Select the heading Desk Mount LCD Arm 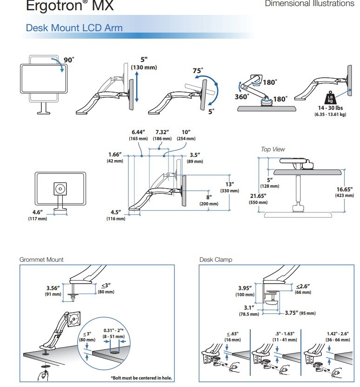point(74,27)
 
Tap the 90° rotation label point(69,60)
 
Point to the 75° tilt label point(198,71)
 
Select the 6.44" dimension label point(139,132)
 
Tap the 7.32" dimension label point(161,132)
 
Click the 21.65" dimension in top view point(258,197)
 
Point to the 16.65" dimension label point(345,190)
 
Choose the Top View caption point(273,149)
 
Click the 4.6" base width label point(37,213)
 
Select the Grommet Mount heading point(41,259)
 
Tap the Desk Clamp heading point(215,259)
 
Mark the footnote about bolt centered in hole point(141,378)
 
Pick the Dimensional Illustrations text point(309,4)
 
